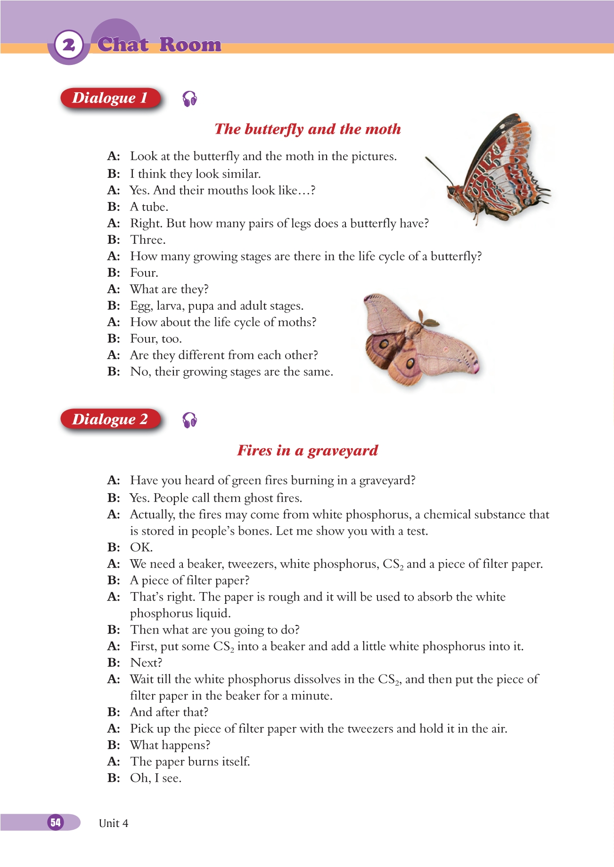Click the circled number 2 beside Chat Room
pyautogui.click(x=69, y=46)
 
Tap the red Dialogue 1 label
pyautogui.click(x=110, y=98)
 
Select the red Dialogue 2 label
pyautogui.click(x=110, y=419)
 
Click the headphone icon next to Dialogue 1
pyautogui.click(x=189, y=99)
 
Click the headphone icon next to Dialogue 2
pyautogui.click(x=189, y=420)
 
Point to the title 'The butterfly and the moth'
pyautogui.click(x=307, y=129)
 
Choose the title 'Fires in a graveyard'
pyautogui.click(x=307, y=450)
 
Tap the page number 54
pyautogui.click(x=56, y=822)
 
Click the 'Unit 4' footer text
pyautogui.click(x=114, y=823)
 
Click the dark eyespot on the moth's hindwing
pyautogui.click(x=410, y=363)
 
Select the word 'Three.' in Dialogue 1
pyautogui.click(x=148, y=240)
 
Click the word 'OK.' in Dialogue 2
pyautogui.click(x=141, y=547)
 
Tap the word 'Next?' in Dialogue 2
pyautogui.click(x=146, y=663)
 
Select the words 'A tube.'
pyautogui.click(x=149, y=207)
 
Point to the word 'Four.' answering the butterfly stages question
pyautogui.click(x=144, y=273)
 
